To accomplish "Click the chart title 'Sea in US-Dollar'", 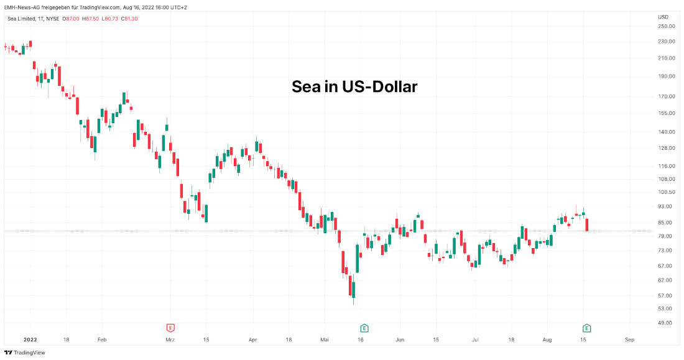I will (x=354, y=87).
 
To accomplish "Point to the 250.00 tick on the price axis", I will (x=667, y=26).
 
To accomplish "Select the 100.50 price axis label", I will (x=667, y=193).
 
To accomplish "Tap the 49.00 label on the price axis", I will (x=665, y=323).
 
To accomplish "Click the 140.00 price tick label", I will (x=667, y=132).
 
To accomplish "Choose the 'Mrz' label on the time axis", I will (x=170, y=340).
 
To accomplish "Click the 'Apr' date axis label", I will (x=252, y=340).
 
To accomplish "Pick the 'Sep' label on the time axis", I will (x=629, y=340).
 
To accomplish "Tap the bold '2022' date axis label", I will (x=30, y=340).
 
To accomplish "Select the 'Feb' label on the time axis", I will (x=102, y=340).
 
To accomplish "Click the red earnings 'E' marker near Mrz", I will (x=170, y=328).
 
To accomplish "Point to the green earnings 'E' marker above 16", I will (x=364, y=328).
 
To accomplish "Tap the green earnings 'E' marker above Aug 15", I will (x=586, y=328).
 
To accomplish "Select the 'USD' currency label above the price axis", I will (x=663, y=17).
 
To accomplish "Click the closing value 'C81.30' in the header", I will (x=129, y=19).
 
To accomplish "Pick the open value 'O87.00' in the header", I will (x=71, y=19).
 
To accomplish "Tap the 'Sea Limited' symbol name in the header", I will (x=22, y=19).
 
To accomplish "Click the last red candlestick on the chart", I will (x=588, y=224).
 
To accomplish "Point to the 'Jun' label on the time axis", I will (x=400, y=340).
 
